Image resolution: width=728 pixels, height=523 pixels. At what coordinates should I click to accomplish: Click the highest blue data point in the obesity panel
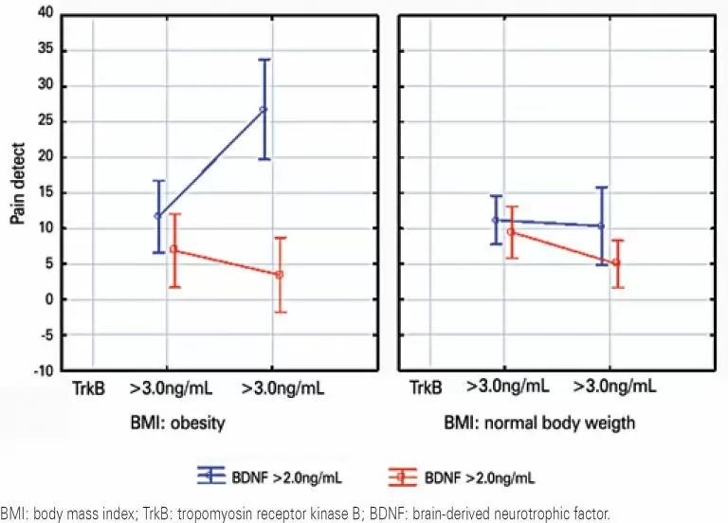point(264,110)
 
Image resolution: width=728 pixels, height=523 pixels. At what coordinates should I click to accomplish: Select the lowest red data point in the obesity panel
point(279,275)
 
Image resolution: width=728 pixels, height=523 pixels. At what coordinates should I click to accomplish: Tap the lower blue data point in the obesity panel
point(158,216)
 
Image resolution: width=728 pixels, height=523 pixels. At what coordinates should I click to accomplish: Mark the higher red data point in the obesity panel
point(173,249)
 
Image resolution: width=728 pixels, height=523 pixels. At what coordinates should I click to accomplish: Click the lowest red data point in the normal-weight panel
point(616,262)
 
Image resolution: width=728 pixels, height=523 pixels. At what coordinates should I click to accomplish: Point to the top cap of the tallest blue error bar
point(264,60)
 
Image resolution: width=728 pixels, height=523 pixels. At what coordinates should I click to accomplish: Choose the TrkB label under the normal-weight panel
point(427,388)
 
